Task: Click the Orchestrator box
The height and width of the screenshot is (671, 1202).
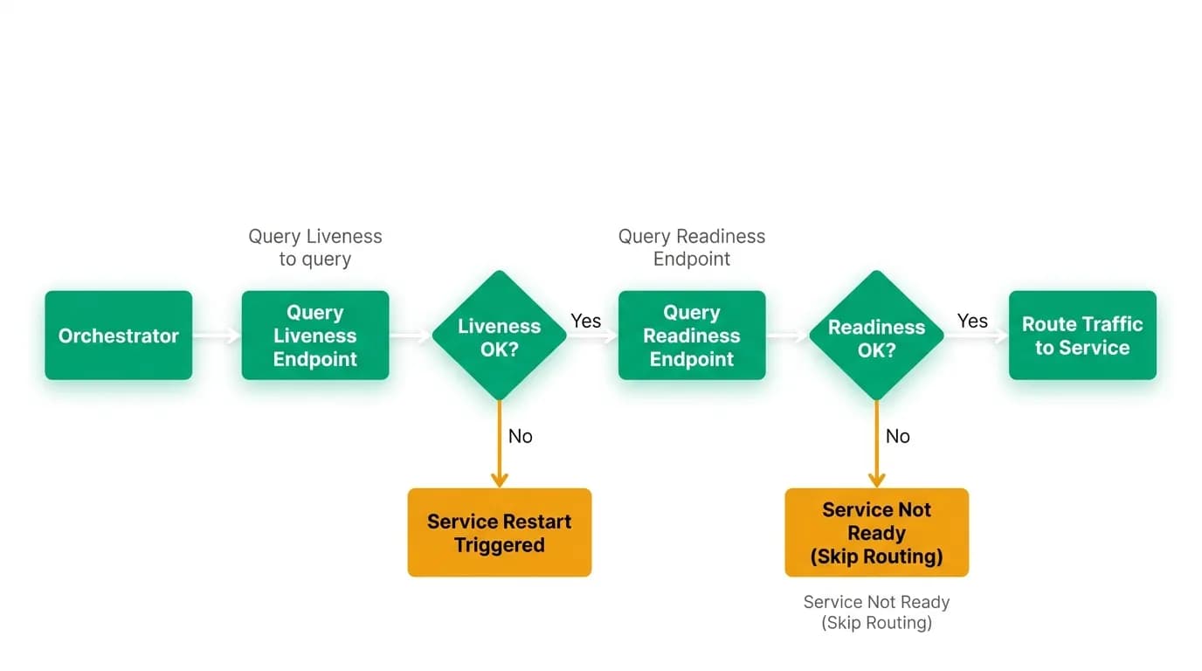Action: [119, 335]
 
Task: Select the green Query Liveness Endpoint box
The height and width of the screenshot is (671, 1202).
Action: [315, 335]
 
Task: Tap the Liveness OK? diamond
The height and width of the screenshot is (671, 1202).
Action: [500, 335]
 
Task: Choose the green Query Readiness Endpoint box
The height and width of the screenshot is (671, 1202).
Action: [692, 335]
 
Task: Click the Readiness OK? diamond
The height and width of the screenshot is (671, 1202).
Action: [877, 335]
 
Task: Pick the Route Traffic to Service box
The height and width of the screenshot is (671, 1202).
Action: [1083, 335]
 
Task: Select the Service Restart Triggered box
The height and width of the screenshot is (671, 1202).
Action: [500, 532]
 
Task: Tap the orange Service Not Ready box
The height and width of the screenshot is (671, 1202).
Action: [877, 532]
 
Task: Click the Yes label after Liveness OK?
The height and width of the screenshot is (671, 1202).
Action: [586, 321]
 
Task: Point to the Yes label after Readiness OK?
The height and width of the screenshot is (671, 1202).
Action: [972, 321]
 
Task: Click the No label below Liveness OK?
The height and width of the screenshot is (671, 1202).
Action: [521, 437]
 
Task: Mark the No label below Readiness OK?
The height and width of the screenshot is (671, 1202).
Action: [898, 437]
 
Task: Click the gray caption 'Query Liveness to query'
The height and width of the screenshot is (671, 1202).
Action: [315, 247]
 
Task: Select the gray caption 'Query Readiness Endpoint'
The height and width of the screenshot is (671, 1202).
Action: [692, 247]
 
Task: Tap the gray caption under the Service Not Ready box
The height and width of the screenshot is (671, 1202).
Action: [877, 612]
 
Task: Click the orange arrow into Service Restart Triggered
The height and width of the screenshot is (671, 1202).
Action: [500, 444]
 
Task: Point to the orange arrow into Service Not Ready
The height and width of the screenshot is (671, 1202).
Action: [877, 444]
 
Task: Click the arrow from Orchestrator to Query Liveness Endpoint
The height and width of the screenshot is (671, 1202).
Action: [217, 335]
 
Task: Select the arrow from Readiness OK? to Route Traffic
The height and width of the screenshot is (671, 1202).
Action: [977, 335]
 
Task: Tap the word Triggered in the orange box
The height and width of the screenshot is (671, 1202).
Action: [500, 545]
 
